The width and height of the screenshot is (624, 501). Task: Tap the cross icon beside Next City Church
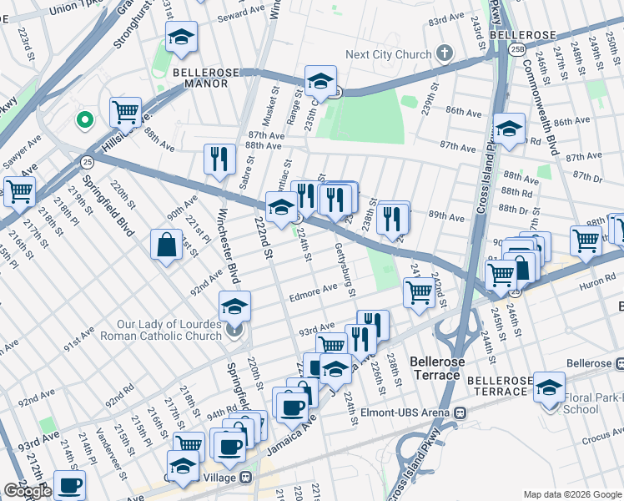point(445,54)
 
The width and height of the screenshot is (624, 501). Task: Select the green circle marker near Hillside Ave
point(83,120)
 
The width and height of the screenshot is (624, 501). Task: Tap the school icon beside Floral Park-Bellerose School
point(549,387)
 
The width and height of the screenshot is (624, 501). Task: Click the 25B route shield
point(518,50)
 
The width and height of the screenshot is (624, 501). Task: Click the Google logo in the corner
point(28,492)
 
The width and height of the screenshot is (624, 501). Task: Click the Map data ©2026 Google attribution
point(571,494)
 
